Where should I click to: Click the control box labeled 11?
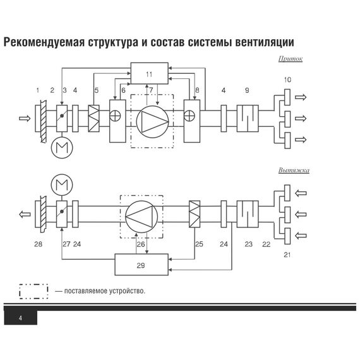tap(149, 74)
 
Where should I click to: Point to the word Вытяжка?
tap(294, 171)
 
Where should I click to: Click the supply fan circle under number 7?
tap(150, 119)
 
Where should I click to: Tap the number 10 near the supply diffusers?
tap(287, 80)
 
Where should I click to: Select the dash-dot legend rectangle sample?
tap(33, 291)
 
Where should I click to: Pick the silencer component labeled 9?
tap(248, 118)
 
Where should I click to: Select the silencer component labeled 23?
tap(247, 215)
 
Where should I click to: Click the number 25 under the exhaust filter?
tap(199, 243)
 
